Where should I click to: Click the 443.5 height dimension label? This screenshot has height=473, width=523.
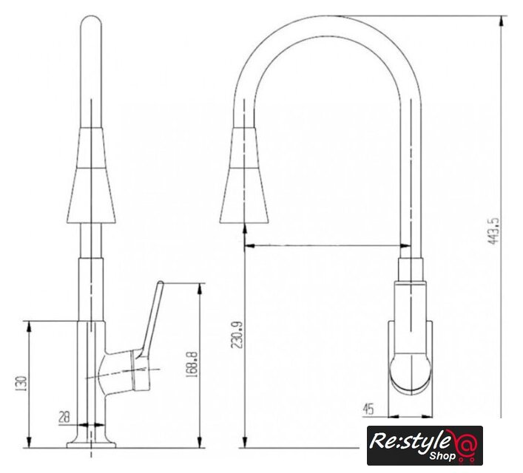tap(493, 231)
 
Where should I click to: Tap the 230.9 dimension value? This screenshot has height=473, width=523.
tap(237, 335)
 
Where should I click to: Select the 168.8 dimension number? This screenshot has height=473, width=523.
tap(192, 364)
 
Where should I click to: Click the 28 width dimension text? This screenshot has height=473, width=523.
tap(64, 417)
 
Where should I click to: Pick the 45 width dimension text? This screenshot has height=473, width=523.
tap(368, 409)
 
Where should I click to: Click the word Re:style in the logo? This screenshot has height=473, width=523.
tap(409, 442)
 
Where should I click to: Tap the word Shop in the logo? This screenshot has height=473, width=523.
tap(442, 456)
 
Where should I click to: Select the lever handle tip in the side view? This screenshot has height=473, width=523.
tap(161, 283)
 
